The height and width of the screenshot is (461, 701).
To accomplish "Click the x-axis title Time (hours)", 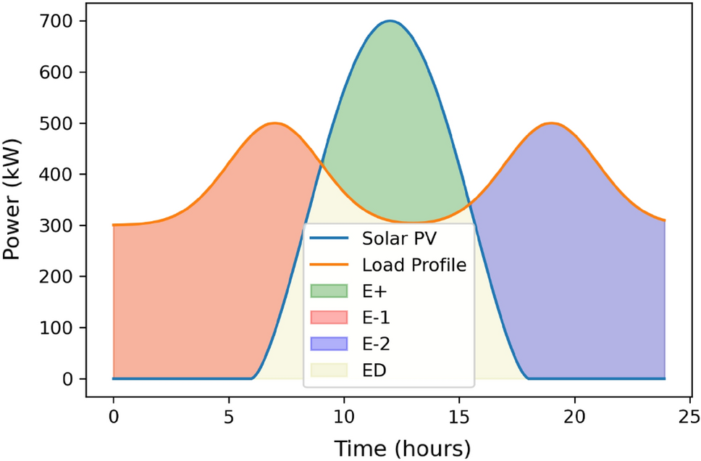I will pos(402,446).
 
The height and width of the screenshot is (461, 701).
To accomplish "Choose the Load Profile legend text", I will pos(414,265).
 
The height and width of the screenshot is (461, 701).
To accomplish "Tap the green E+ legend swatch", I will pos(329,291).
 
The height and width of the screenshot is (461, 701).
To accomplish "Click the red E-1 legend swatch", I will pos(329,317).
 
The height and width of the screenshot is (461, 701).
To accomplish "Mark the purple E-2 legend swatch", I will pos(329,344).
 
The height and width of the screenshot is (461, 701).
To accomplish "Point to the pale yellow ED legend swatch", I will pos(329,370).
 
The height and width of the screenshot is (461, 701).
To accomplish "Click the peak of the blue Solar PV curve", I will pos(390,21).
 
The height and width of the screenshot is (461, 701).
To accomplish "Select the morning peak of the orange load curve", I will pos(274,123).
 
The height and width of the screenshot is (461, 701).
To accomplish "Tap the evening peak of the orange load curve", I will pos(552,123).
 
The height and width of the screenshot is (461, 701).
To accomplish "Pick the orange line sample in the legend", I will pos(329,265).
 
